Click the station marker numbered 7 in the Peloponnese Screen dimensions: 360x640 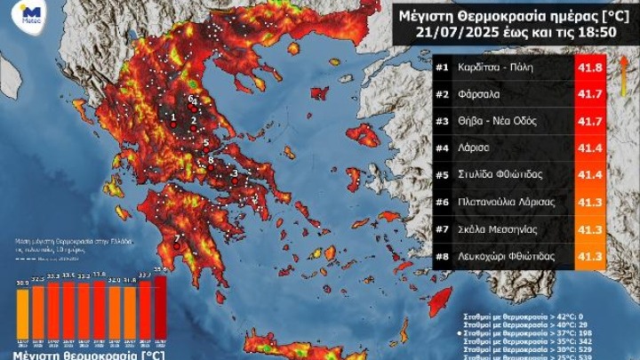[x=177, y=237]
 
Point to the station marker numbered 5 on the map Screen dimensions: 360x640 [x=205, y=142]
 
